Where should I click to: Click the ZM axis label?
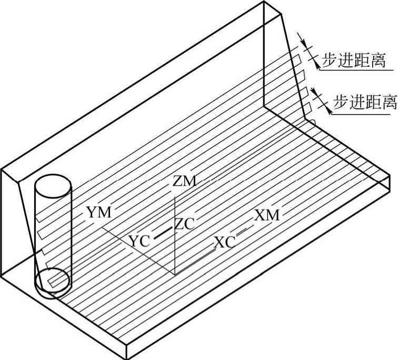[184, 182]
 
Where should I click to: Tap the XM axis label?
[267, 215]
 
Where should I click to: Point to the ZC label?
[185, 224]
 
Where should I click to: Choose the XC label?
[225, 242]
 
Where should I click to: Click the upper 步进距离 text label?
[353, 62]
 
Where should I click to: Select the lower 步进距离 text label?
[364, 101]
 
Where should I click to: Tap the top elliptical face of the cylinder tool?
[53, 186]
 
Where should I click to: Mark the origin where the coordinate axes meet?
[175, 274]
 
